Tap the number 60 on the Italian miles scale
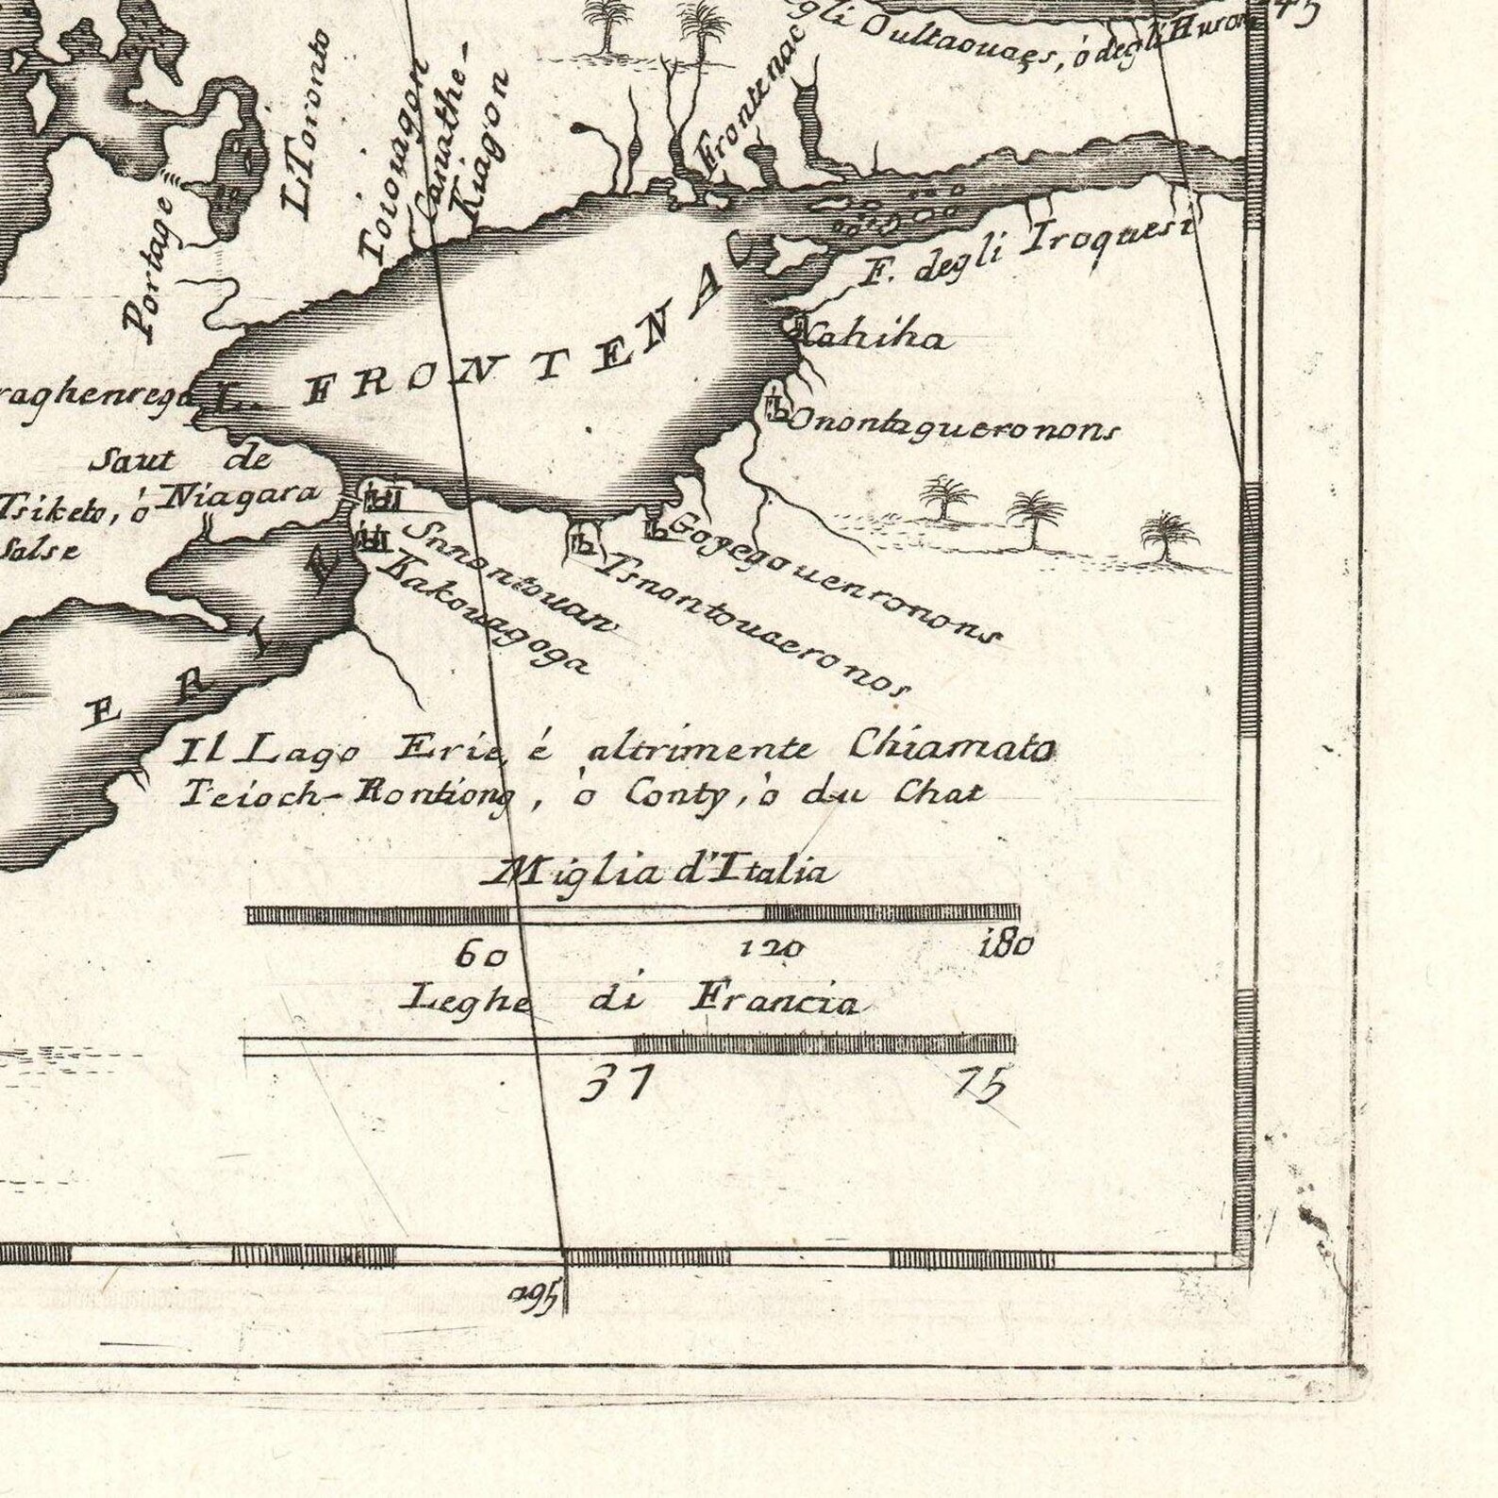pyautogui.click(x=481, y=955)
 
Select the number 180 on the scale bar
pyautogui.click(x=1007, y=944)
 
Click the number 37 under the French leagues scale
pyautogui.click(x=615, y=1084)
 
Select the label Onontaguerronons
pyautogui.click(x=953, y=426)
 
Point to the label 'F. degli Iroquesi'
pyautogui.click(x=1028, y=252)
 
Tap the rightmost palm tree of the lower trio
pyautogui.click(x=1169, y=538)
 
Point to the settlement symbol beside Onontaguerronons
pyautogui.click(x=775, y=407)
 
